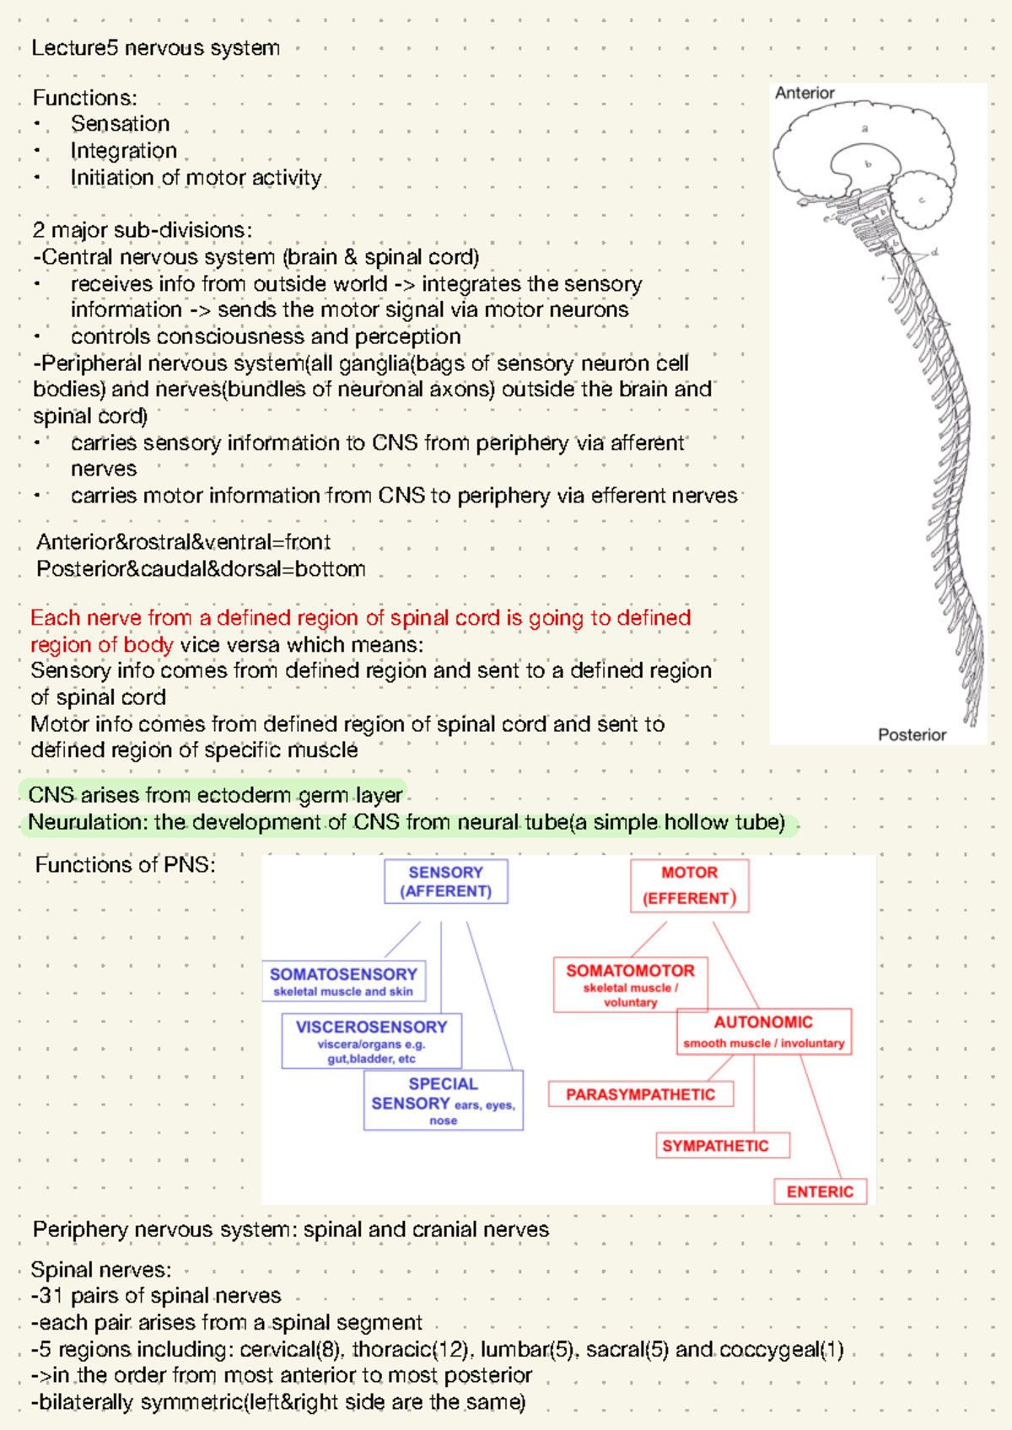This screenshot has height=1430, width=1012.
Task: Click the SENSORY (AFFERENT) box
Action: tap(445, 882)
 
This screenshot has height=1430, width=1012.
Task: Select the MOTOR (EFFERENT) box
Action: tap(689, 885)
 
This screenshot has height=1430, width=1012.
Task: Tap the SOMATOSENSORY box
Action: tap(343, 981)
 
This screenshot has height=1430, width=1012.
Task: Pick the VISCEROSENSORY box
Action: tap(371, 1040)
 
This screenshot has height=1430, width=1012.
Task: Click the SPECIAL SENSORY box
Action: tap(443, 1099)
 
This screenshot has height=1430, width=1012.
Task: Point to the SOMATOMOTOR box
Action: tap(630, 984)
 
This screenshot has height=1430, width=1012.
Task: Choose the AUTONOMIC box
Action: tap(763, 1031)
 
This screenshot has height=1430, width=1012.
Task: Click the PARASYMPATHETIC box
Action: tap(640, 1094)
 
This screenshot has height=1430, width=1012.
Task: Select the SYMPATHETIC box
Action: tap(715, 1146)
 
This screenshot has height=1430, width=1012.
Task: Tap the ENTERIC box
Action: tap(820, 1191)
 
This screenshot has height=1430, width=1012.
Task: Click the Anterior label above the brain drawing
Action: tap(805, 94)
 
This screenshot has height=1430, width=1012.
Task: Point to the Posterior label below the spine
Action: tap(912, 734)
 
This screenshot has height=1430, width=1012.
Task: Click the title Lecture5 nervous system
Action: tap(155, 48)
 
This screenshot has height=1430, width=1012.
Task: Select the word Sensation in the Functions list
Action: tap(120, 124)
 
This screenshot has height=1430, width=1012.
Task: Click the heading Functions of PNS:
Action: tap(125, 865)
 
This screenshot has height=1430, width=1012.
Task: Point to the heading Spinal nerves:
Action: tap(100, 1270)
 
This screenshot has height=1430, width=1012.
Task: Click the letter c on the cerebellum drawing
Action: tap(922, 201)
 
